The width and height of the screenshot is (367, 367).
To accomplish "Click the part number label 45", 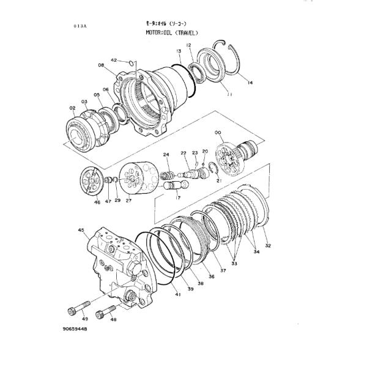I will click(81, 230).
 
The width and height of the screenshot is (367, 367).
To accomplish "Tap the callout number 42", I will click(114, 60).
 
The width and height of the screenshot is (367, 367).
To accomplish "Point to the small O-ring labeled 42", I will click(130, 62).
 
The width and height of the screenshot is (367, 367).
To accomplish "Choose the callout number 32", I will click(268, 245).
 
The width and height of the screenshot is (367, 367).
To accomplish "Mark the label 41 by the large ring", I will click(177, 295).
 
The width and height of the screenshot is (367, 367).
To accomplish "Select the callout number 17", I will click(177, 198).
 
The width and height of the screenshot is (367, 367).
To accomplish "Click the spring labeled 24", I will click(167, 177).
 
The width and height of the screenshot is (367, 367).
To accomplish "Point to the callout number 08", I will click(100, 64).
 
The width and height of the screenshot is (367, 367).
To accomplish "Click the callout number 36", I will click(211, 276).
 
